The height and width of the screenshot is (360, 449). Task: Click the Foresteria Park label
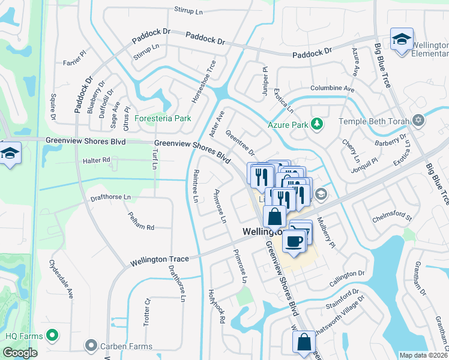(x=163, y=118)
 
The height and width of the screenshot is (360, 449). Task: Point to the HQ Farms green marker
(x=52, y=334)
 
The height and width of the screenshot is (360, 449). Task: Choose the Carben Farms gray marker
(x=91, y=346)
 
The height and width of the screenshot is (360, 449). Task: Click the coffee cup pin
(x=294, y=240)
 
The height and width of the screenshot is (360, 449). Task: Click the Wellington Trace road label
(x=160, y=259)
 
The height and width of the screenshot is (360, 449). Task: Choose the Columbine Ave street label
(x=332, y=89)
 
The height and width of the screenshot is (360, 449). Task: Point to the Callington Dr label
(x=348, y=273)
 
